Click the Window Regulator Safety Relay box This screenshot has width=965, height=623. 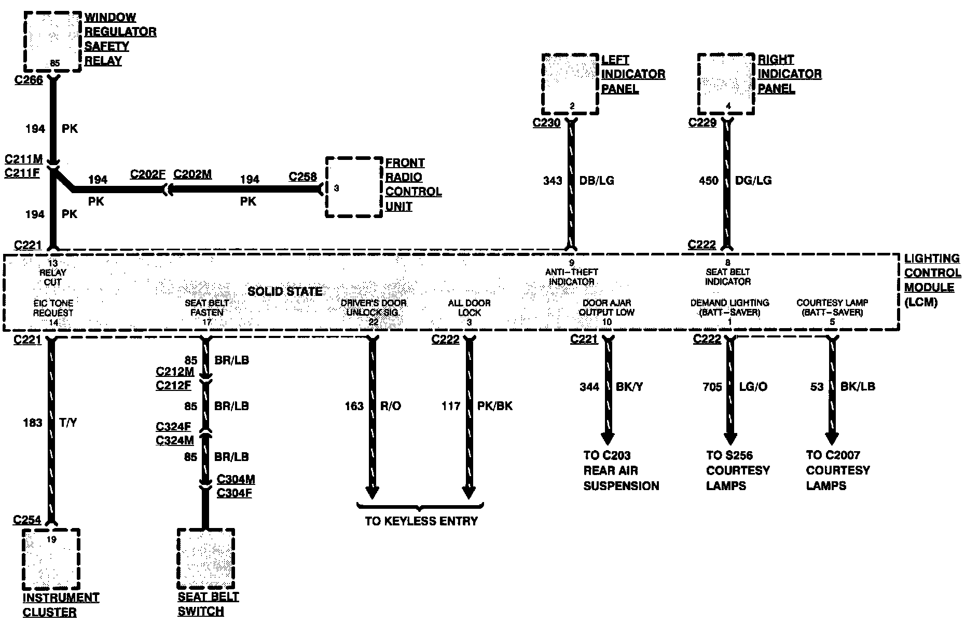click(x=53, y=42)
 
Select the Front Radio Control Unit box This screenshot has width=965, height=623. click(x=354, y=187)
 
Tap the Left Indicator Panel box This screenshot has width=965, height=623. click(x=570, y=84)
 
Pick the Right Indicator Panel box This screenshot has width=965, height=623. click(x=726, y=84)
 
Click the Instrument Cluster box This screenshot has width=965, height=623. click(x=51, y=559)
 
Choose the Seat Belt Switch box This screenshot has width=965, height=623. click(x=205, y=559)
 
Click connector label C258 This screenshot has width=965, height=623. click(x=303, y=177)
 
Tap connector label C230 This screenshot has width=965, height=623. click(x=547, y=123)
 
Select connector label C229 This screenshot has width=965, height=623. click(x=702, y=123)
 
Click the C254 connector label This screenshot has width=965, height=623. click(x=27, y=520)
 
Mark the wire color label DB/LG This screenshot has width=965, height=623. click(x=597, y=181)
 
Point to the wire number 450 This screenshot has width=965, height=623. click(x=709, y=181)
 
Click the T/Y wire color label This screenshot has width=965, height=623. click(x=68, y=423)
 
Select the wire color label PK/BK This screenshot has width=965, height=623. click(x=495, y=406)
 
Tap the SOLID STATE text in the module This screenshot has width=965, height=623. click(x=285, y=291)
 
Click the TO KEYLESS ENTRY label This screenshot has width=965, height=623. click(x=421, y=521)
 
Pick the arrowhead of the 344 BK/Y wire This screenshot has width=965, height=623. click(x=608, y=439)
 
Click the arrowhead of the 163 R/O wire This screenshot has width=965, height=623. click(x=372, y=492)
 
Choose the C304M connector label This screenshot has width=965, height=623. click(x=236, y=479)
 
